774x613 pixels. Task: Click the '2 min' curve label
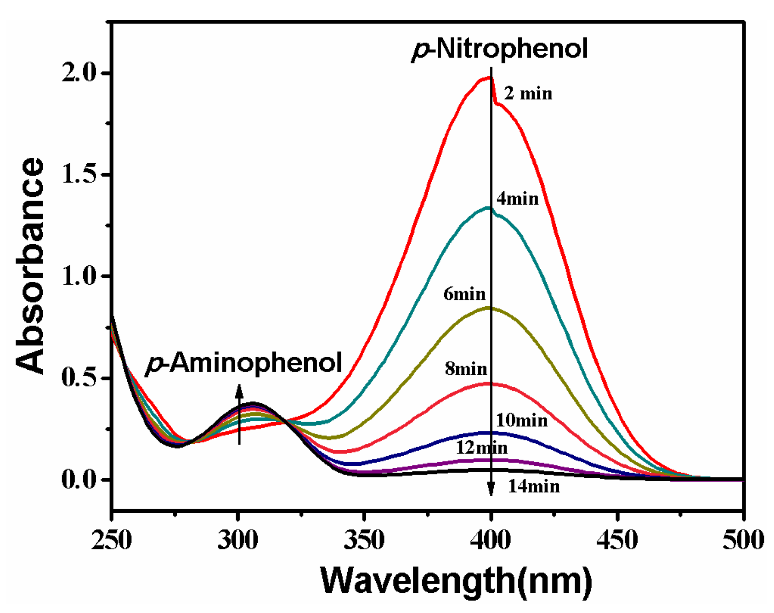[528, 94]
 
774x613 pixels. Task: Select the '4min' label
[517, 199]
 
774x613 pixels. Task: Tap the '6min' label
[464, 294]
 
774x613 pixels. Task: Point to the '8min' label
[466, 369]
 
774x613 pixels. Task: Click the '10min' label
[521, 420]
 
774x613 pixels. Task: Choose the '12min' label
[481, 447]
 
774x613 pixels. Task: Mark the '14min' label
[534, 487]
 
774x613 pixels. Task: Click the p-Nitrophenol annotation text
[499, 49]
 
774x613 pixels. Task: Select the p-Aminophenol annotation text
[244, 363]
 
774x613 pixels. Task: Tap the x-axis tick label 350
[364, 540]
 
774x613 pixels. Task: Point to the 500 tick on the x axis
[743, 540]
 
